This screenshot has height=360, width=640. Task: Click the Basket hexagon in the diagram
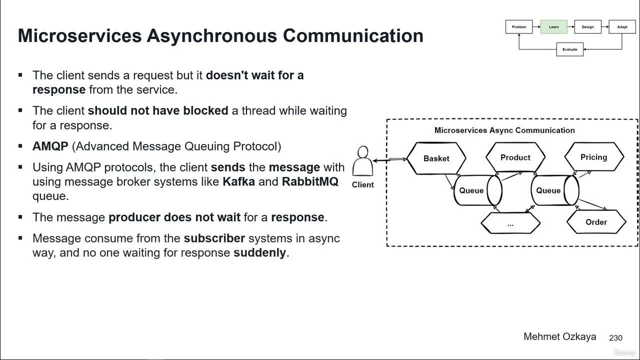coord(436,158)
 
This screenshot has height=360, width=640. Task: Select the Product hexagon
coord(515,157)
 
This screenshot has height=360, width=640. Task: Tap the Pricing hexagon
coord(593,157)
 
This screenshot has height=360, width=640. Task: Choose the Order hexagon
coord(596,222)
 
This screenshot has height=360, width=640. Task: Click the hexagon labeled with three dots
coord(510,224)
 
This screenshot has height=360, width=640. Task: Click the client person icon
coord(362,161)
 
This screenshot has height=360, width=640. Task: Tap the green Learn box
coord(553,27)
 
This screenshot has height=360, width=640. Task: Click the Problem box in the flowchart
coord(519,27)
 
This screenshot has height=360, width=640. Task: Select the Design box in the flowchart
coord(588,27)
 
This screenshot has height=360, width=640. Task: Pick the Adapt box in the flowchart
coord(622,27)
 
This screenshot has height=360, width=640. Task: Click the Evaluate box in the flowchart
coord(569,49)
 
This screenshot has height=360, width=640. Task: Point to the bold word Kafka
coord(238,181)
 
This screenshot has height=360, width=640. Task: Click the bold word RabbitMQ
coord(310,181)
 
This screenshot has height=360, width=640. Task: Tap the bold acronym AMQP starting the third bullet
coord(50,146)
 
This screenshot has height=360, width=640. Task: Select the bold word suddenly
coord(260,253)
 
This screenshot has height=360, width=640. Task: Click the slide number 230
coord(615,338)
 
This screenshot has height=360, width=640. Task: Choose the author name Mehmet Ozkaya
coord(559,336)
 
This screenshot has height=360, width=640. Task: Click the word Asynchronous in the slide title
coord(211,36)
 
